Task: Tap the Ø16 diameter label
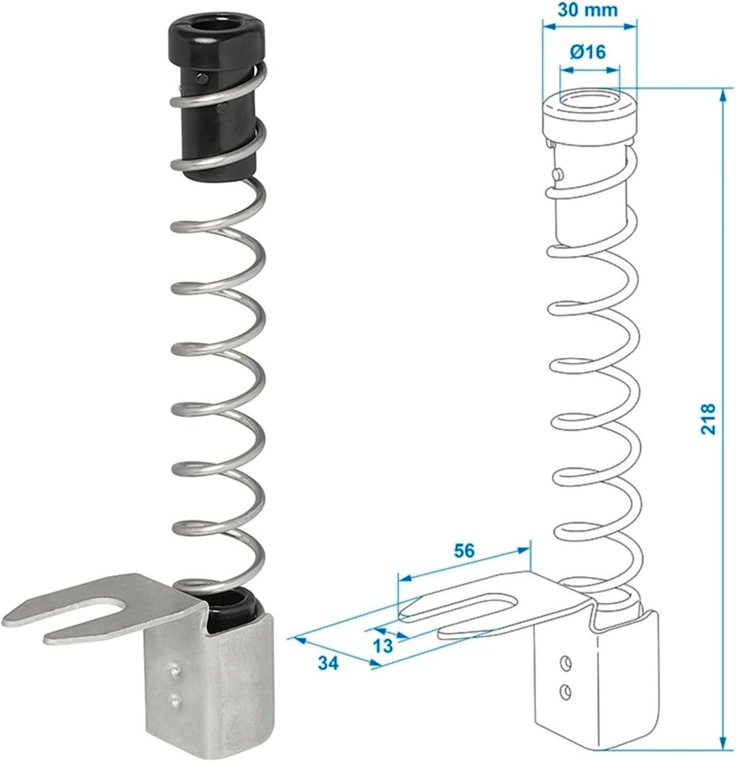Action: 588,51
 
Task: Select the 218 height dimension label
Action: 708,418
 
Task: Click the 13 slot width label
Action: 382,646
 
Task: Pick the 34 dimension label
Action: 328,663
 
